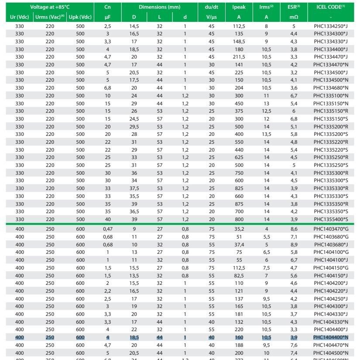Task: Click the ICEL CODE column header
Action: [330, 7]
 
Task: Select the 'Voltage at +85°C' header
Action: [50, 7]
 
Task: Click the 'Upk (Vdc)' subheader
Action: [80, 17]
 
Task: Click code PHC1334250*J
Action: [330, 26]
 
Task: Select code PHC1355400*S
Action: [330, 219]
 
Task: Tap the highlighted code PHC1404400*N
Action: [330, 337]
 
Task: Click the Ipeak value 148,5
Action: [239, 41]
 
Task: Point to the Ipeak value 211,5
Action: [239, 57]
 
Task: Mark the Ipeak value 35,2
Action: [239, 228]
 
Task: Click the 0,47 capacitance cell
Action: [107, 228]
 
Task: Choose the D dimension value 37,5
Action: [134, 188]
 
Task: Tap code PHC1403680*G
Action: [330, 236]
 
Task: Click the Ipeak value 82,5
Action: [239, 276]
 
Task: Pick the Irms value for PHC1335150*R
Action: [266, 111]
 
